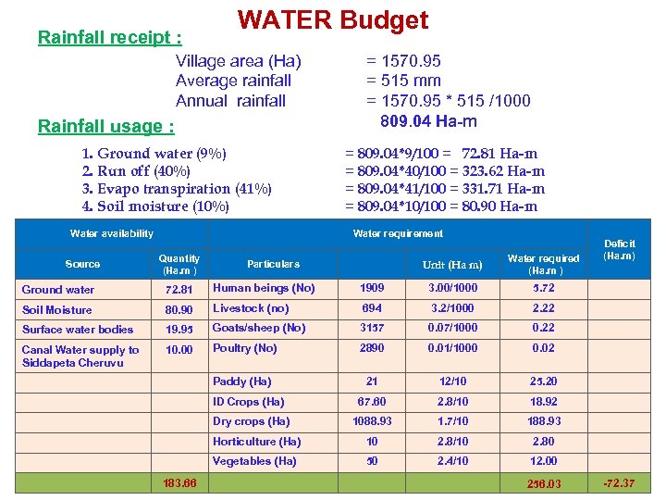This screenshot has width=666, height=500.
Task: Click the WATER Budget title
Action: pos(333,20)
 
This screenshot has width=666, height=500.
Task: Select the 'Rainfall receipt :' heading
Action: pos(109,38)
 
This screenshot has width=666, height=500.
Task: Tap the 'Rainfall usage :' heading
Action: pos(105,126)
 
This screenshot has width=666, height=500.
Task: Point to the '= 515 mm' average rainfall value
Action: pos(403,81)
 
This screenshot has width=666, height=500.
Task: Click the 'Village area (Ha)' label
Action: pos(238,62)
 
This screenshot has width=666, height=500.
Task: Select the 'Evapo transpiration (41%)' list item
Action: pos(177,189)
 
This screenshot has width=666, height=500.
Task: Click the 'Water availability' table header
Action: pos(112,233)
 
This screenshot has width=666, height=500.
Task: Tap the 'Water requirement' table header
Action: pos(398,233)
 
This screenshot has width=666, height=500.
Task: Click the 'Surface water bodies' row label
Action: pos(78,330)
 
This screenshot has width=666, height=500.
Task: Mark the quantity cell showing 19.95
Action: pos(179,330)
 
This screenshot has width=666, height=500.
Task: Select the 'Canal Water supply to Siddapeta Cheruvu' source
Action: pos(80,356)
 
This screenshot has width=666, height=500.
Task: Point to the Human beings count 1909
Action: pos(372,289)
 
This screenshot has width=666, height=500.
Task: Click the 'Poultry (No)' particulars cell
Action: pos(245,349)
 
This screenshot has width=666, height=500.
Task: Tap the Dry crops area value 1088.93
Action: pos(372,421)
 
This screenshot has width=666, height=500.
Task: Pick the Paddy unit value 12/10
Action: pos(452,381)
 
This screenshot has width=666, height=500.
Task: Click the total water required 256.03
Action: pos(543,483)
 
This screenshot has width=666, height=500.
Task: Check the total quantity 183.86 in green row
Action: pos(179,483)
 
